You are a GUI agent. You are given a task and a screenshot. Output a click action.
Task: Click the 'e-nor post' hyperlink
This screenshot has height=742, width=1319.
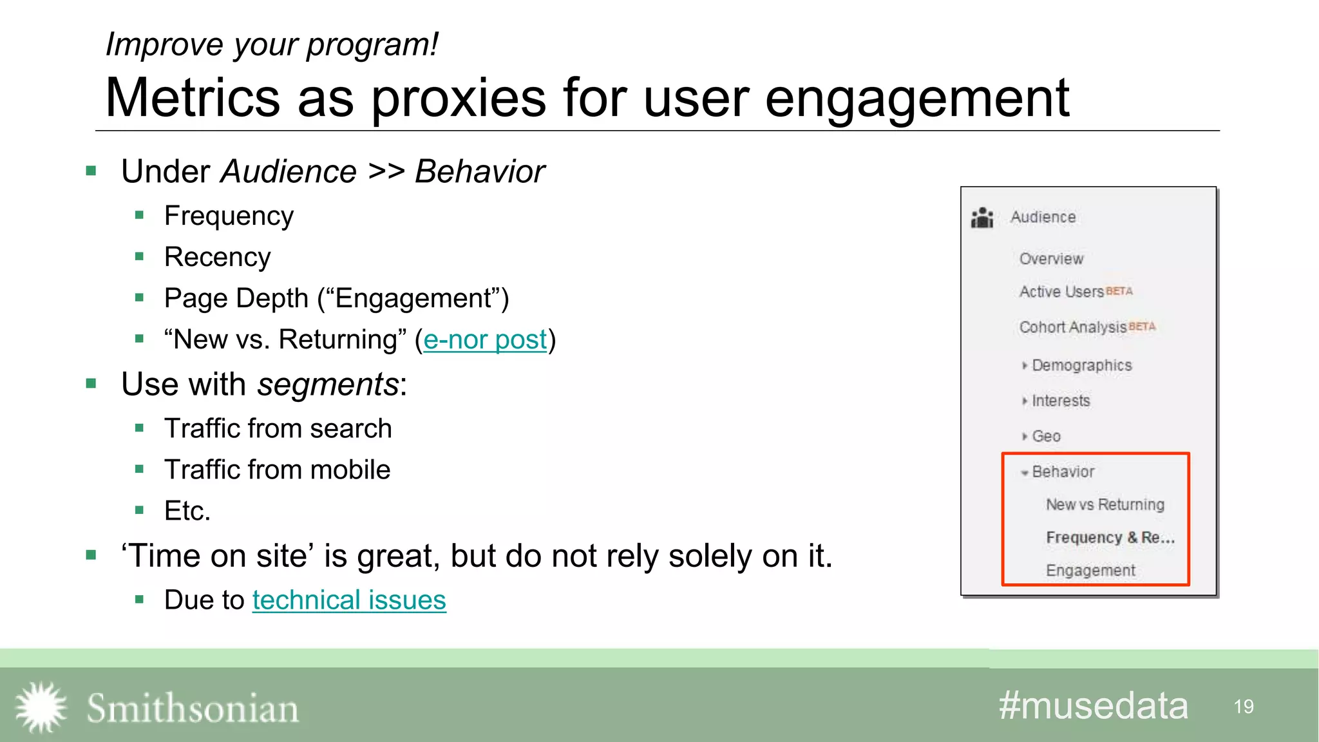click(x=485, y=339)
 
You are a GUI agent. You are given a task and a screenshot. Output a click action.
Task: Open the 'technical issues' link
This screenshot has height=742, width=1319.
click(x=348, y=600)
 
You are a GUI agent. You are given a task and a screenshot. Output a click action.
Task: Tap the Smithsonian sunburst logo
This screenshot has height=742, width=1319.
click(x=41, y=707)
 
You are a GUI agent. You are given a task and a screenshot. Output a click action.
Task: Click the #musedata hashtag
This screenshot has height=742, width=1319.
click(x=1093, y=705)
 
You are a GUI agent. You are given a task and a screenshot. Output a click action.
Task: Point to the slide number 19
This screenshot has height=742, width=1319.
click(x=1243, y=707)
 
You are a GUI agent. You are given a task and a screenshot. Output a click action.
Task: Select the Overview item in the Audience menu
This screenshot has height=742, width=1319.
click(x=1051, y=258)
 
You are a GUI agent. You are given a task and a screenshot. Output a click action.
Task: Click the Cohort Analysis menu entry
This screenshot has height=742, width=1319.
click(x=1073, y=327)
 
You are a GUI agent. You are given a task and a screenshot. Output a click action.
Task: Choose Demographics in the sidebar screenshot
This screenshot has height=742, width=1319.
click(x=1081, y=365)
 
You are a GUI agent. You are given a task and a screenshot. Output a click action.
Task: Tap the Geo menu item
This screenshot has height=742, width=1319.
click(x=1046, y=436)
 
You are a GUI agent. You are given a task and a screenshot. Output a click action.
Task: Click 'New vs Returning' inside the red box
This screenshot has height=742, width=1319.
click(x=1105, y=504)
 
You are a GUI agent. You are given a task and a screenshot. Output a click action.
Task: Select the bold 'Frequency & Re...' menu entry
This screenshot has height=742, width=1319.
click(x=1110, y=537)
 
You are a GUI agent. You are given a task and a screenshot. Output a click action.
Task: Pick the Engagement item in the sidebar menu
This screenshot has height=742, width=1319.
click(x=1090, y=570)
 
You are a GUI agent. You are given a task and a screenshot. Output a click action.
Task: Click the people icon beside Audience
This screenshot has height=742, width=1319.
click(x=982, y=218)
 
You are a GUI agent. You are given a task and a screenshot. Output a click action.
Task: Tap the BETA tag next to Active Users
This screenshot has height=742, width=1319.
click(x=1119, y=291)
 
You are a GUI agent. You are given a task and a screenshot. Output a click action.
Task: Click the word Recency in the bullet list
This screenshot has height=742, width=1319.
click(x=217, y=257)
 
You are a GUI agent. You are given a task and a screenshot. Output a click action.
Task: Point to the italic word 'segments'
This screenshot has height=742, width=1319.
click(x=328, y=385)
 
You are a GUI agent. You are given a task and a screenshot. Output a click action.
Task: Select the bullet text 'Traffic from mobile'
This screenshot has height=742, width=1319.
click(x=277, y=470)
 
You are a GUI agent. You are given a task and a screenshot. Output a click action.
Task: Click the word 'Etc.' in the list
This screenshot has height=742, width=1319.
click(x=187, y=511)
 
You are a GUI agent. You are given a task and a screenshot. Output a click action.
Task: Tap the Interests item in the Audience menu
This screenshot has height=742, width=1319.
click(x=1060, y=401)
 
